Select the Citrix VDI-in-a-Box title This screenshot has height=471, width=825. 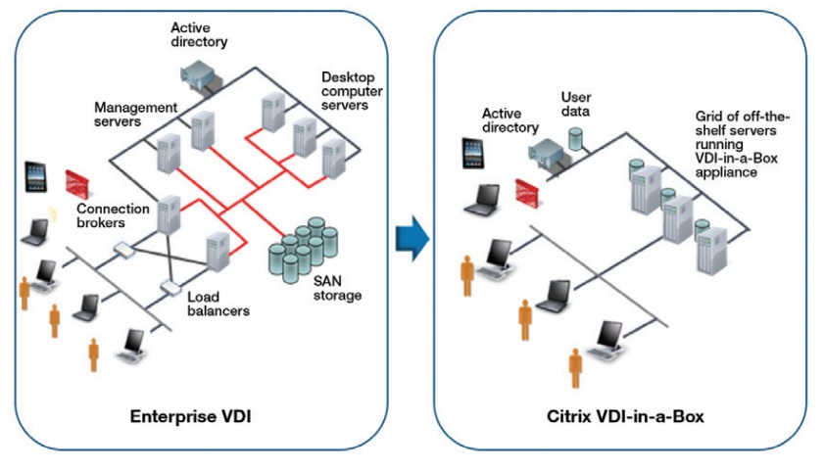pos(625,417)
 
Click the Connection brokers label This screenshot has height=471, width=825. pos(117,214)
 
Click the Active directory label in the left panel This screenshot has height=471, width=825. pos(199,35)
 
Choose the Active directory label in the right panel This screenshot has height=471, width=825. pos(510,120)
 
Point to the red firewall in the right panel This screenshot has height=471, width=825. pos(529,192)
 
